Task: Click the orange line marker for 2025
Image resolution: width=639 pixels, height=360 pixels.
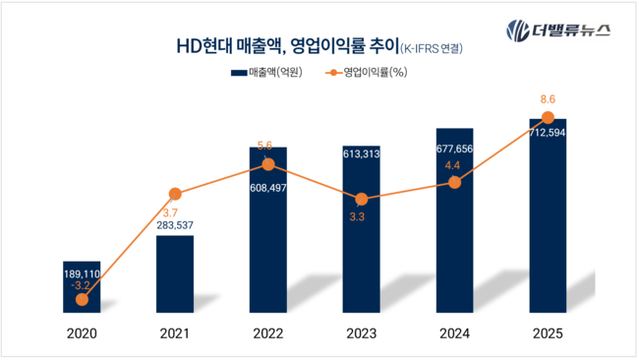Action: pyautogui.click(x=549, y=118)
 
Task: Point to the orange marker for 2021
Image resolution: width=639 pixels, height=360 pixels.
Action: pyautogui.click(x=175, y=194)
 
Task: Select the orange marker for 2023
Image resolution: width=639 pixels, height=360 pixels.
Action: pyautogui.click(x=362, y=199)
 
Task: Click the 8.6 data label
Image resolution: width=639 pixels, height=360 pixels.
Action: pyautogui.click(x=548, y=99)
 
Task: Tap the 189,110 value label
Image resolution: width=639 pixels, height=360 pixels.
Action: pyautogui.click(x=82, y=274)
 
